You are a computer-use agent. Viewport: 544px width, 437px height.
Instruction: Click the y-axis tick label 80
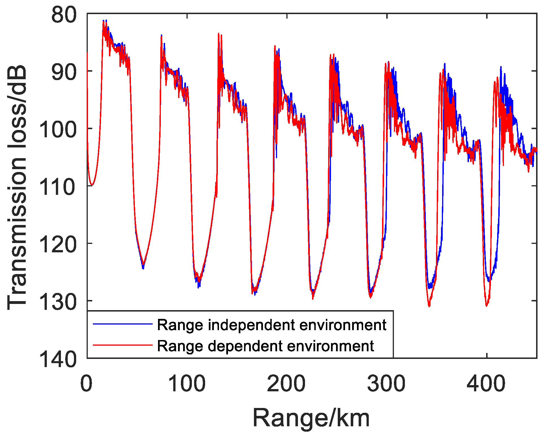point(64,15)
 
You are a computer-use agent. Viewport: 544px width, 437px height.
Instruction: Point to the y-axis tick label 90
point(64,72)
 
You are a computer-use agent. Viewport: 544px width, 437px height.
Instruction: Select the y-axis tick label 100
point(58,130)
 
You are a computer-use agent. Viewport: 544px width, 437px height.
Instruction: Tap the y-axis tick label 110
point(58,187)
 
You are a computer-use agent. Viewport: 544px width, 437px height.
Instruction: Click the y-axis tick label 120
point(58,245)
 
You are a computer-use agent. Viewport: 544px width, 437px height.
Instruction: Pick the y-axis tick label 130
point(58,302)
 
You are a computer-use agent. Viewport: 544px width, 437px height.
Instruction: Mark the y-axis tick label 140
point(58,360)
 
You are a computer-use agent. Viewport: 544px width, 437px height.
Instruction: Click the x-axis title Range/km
point(311,418)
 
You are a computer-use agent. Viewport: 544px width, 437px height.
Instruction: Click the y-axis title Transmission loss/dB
point(17,187)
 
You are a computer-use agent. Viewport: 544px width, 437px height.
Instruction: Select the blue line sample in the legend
point(122,324)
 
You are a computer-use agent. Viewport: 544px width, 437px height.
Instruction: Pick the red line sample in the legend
point(122,345)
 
